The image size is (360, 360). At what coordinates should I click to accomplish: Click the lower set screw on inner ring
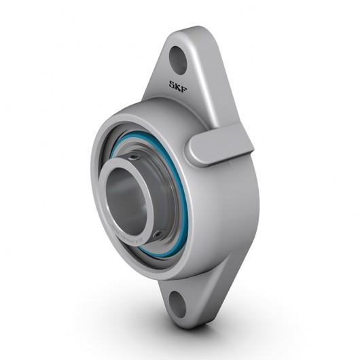(158, 234)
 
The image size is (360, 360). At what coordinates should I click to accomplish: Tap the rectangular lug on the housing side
(217, 145)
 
